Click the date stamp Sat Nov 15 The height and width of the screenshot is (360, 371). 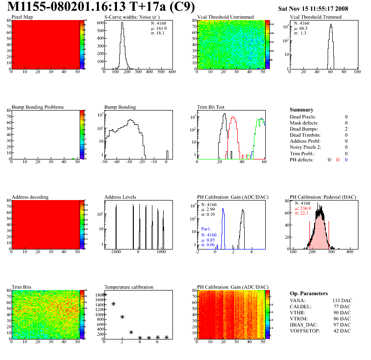(313, 8)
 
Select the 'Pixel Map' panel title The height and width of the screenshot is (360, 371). (22, 17)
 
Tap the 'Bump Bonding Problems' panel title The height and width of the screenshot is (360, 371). (37, 107)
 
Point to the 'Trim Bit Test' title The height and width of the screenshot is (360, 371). (211, 107)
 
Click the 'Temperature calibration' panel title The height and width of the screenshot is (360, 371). (129, 287)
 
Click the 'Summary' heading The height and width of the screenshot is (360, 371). (301, 110)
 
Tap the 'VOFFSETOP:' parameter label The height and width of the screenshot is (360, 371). (306, 331)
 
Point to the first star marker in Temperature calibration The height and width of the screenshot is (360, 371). (104, 295)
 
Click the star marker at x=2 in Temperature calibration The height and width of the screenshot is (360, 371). (122, 317)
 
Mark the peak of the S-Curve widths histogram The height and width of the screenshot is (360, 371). (122, 24)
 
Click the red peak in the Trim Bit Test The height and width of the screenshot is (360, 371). (233, 118)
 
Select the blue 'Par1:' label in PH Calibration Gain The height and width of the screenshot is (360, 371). (206, 229)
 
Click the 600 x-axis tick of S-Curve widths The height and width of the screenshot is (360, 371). (172, 72)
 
